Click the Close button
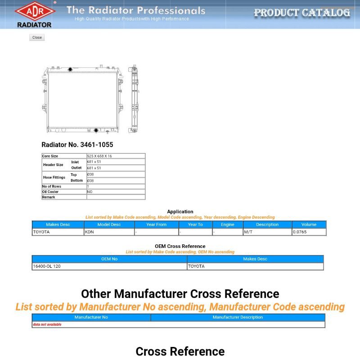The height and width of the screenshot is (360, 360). click(x=37, y=38)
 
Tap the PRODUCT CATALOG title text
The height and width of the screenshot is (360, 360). click(x=301, y=13)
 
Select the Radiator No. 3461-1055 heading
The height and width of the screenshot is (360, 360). click(x=77, y=145)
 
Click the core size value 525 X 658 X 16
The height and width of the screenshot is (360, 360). click(x=99, y=156)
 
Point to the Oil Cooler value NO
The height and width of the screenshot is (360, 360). click(x=90, y=192)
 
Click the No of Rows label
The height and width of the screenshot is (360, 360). click(x=52, y=186)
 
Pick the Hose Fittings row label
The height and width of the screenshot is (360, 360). click(x=54, y=177)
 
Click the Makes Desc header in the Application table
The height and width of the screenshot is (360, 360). click(x=58, y=225)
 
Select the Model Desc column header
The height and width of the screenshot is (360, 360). click(x=109, y=225)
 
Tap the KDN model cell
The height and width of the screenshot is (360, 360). click(x=90, y=232)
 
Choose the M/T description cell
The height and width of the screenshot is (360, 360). click(x=248, y=232)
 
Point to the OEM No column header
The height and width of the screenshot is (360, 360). click(x=109, y=259)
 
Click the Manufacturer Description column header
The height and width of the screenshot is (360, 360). click(x=238, y=317)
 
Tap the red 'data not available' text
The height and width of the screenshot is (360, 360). click(x=47, y=324)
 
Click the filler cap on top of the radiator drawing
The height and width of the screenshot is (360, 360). click(x=70, y=69)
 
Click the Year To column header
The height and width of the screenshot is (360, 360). click(x=195, y=225)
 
